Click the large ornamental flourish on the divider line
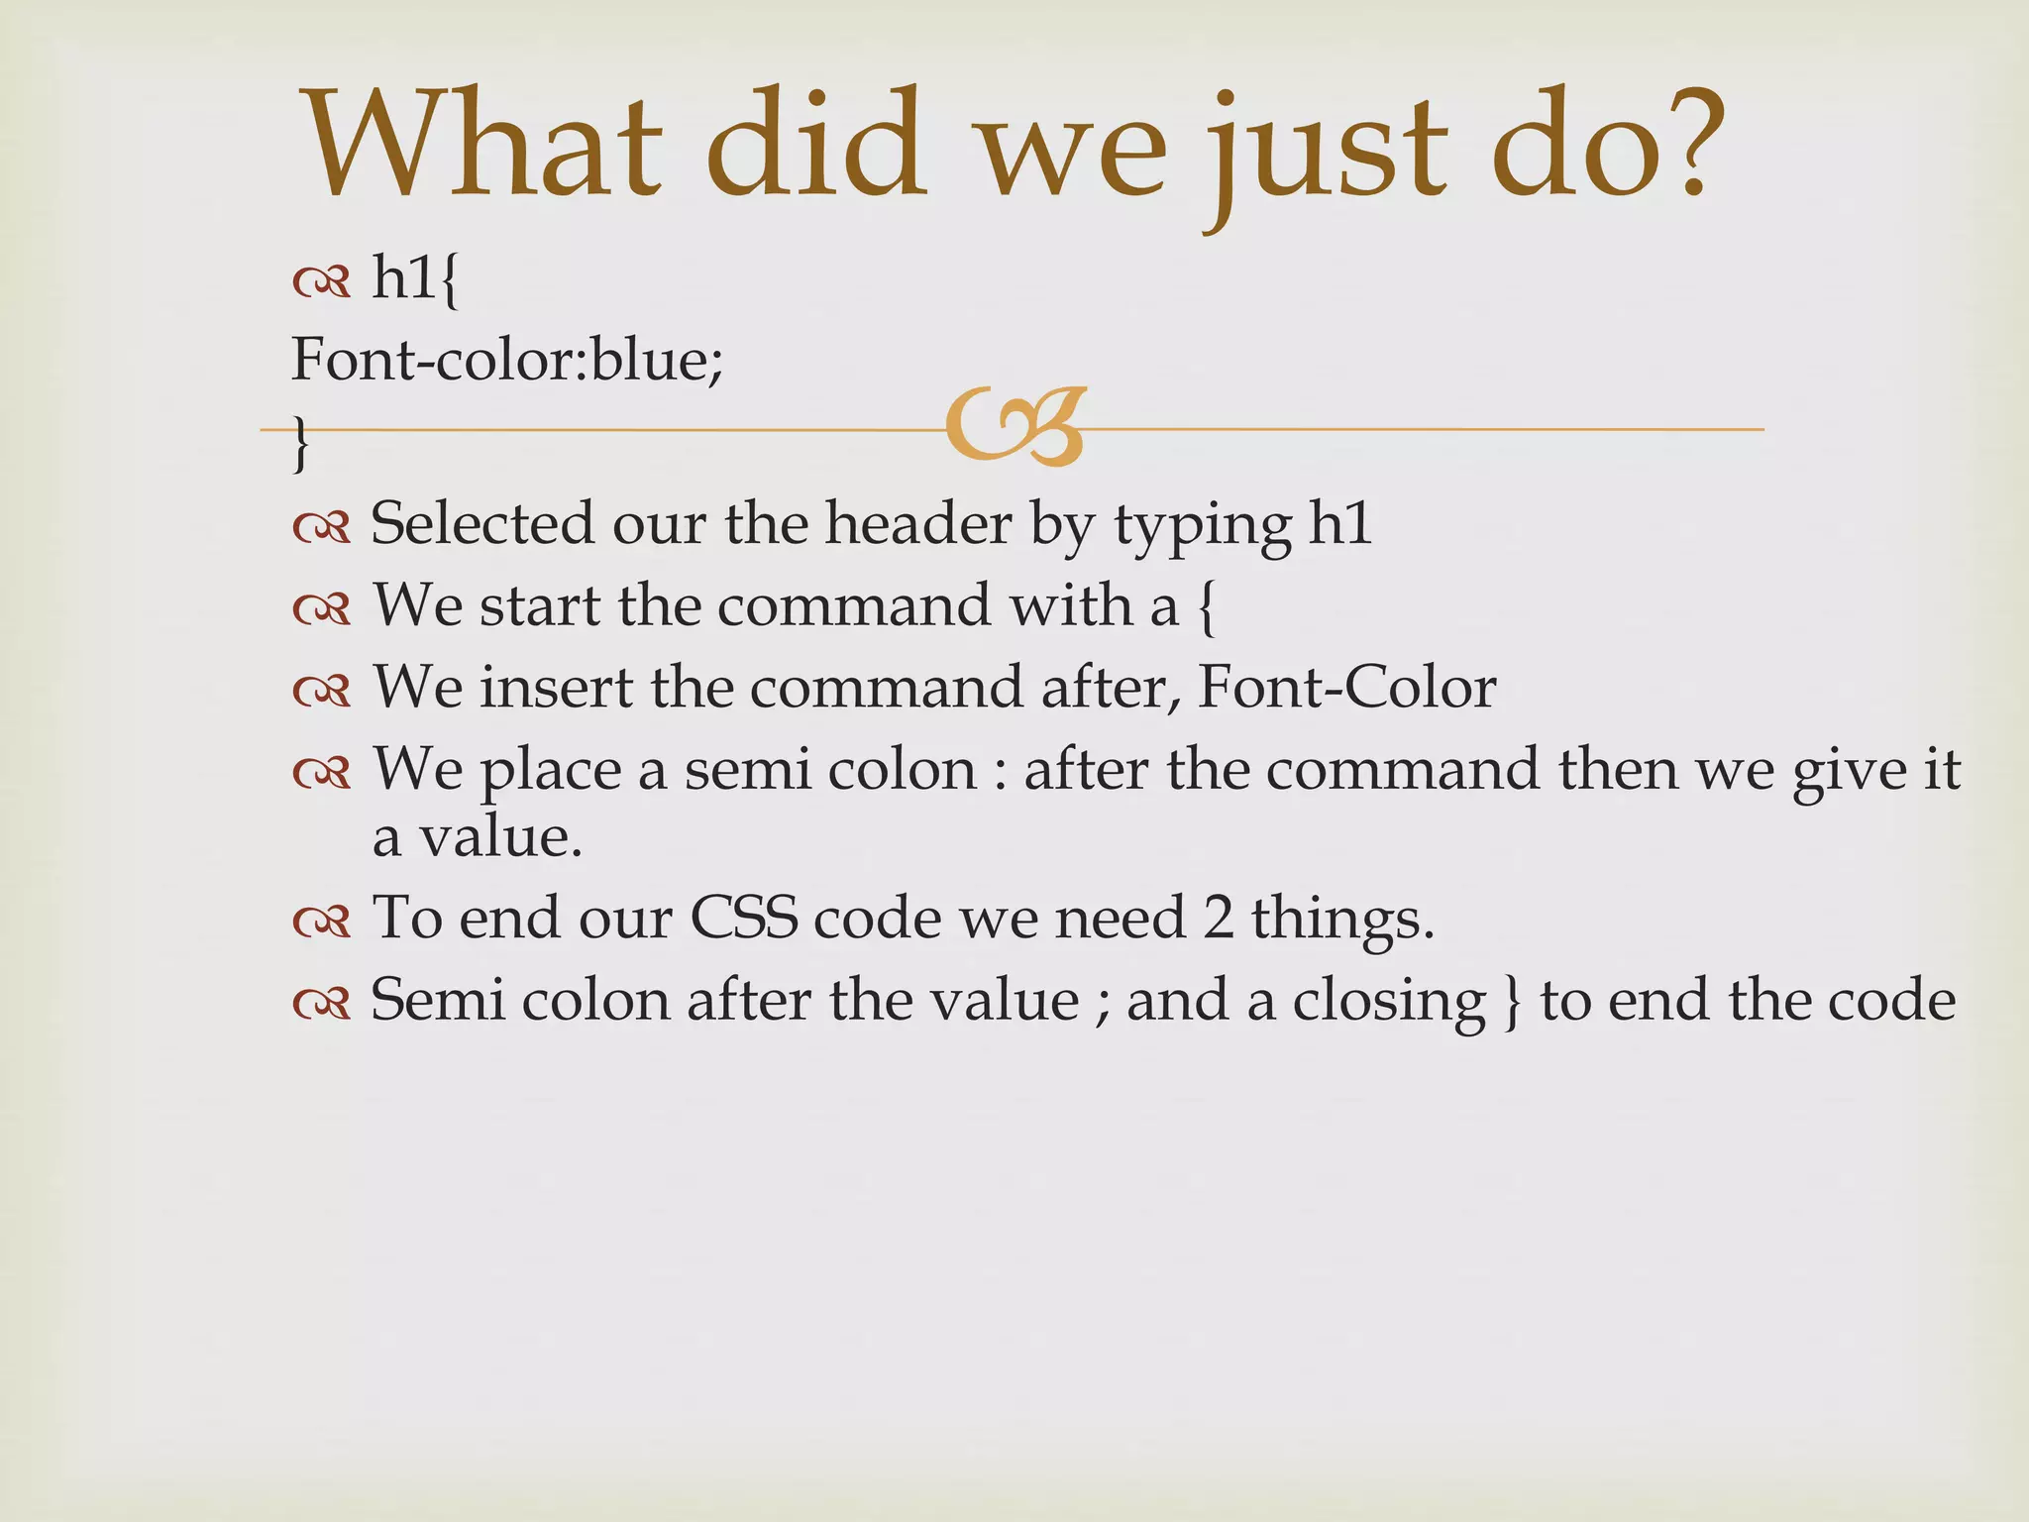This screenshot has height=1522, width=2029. pos(1016,427)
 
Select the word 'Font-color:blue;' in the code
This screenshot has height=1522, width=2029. pos(507,359)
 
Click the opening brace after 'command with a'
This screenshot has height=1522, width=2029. pos(1206,606)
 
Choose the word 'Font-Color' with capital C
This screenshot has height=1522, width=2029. pos(1346,687)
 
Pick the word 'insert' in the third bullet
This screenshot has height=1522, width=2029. pos(556,687)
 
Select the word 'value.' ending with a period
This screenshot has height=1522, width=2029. pos(478,838)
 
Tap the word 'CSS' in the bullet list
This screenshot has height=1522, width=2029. pos(744,918)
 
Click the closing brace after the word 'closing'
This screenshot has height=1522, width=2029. pos(1512,1002)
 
